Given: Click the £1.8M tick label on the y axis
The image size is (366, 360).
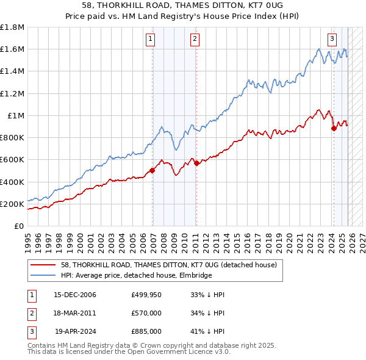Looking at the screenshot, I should (12, 27).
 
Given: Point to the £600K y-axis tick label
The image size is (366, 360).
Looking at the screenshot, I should (12, 160).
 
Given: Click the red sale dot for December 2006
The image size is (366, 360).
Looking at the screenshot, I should (152, 171).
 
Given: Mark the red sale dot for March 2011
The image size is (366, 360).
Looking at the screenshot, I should (196, 163).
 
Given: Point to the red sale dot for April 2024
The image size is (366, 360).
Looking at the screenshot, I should (334, 128).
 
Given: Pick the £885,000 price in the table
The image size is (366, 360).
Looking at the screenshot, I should (146, 332).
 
